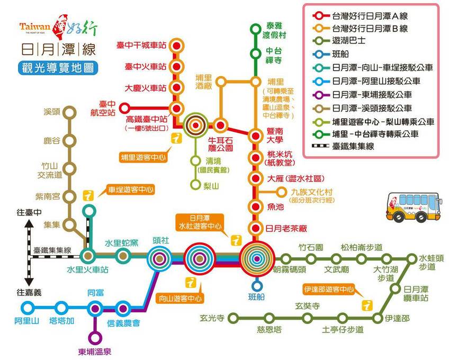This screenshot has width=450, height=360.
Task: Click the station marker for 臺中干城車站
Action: pos(176,46)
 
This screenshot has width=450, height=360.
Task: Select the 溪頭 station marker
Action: pos(68,112)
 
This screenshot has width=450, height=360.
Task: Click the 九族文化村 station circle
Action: pos(281,192)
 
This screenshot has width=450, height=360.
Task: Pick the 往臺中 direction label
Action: pos(29,212)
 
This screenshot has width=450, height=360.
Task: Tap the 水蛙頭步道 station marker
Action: pos(412,259)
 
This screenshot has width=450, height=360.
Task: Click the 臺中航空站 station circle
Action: pos(125,108)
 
